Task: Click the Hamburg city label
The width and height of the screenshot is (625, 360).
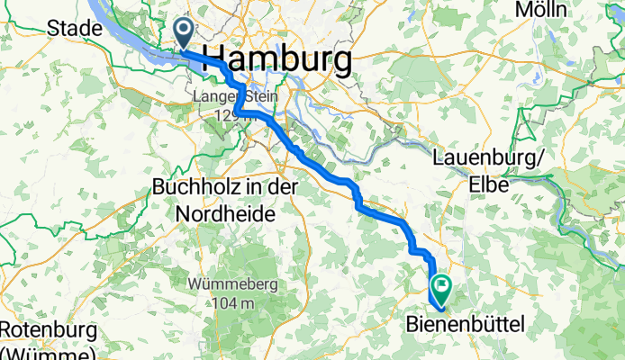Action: (278, 60)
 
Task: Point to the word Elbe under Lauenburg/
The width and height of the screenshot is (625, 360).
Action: (485, 184)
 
